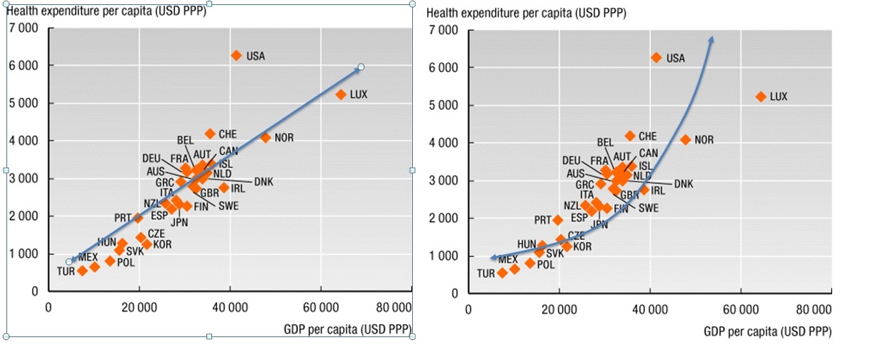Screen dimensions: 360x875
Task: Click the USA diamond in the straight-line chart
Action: click(x=236, y=55)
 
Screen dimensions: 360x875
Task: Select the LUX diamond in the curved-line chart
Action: click(x=761, y=96)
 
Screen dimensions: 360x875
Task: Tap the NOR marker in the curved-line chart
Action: click(x=686, y=140)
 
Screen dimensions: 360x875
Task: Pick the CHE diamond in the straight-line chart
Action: click(x=210, y=134)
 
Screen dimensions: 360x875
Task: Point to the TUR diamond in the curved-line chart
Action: click(x=502, y=273)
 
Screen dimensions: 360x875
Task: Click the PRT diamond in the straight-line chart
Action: click(x=139, y=218)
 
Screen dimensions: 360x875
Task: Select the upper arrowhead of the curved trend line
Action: click(x=711, y=40)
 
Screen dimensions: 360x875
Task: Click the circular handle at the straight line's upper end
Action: click(x=361, y=67)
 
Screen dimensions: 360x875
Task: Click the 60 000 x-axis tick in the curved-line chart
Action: click(x=741, y=309)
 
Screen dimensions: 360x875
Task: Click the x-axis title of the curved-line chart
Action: click(x=767, y=332)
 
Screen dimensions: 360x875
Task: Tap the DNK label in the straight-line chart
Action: click(x=263, y=181)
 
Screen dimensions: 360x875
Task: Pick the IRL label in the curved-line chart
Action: click(x=658, y=191)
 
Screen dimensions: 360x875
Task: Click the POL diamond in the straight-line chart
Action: click(x=110, y=261)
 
